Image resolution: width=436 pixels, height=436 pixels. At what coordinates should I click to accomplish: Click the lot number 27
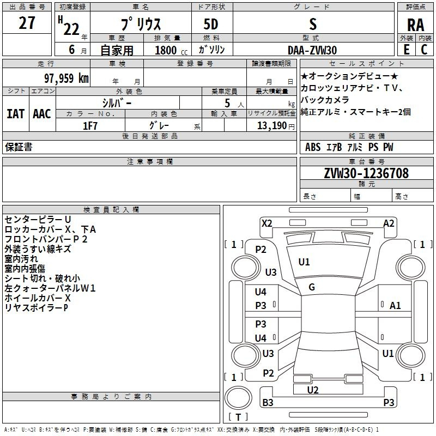click(x=27, y=23)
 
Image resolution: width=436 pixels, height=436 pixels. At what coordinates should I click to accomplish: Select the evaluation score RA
click(x=415, y=25)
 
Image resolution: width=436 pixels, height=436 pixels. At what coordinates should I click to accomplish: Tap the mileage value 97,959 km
click(x=66, y=78)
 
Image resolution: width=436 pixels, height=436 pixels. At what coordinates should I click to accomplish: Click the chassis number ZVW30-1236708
click(x=366, y=173)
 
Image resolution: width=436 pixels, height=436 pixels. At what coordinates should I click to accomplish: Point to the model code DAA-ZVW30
click(x=312, y=50)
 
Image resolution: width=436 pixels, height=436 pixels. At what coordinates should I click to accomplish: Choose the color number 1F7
click(x=90, y=126)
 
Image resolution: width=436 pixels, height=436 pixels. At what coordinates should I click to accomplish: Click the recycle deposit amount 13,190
click(x=272, y=126)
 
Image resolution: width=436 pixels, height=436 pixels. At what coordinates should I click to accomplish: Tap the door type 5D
click(x=211, y=25)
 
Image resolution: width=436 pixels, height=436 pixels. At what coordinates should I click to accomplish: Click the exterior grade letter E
click(x=406, y=50)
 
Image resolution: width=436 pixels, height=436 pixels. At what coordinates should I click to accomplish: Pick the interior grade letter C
click(x=424, y=50)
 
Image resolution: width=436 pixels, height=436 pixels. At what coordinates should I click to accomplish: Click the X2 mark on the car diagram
click(x=267, y=223)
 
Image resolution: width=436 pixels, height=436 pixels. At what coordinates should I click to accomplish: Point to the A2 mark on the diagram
click(x=389, y=223)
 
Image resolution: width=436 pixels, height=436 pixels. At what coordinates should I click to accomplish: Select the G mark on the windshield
click(x=312, y=287)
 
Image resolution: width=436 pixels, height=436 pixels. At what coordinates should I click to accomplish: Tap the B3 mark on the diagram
click(x=268, y=402)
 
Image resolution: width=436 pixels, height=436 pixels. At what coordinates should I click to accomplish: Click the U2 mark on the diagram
click(x=312, y=390)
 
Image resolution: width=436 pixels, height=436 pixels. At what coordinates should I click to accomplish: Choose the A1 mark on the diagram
click(x=395, y=306)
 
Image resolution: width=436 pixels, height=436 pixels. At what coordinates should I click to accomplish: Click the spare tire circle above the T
click(x=238, y=398)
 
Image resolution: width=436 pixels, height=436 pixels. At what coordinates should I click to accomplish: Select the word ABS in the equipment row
click(x=313, y=147)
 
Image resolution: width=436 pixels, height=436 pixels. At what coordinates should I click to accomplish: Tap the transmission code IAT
click(x=16, y=114)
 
